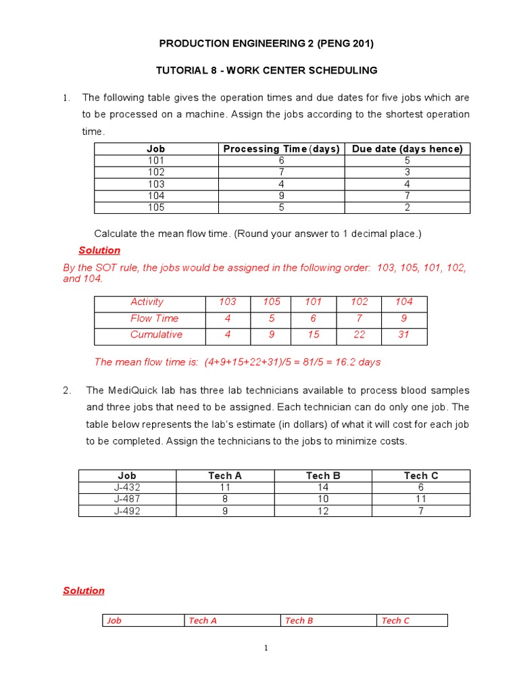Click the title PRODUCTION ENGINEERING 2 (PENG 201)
[x=266, y=44]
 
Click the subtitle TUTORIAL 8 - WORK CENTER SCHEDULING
[x=266, y=70]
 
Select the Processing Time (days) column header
[x=281, y=149]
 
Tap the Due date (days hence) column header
[x=407, y=149]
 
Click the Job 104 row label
[x=156, y=196]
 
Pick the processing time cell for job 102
[x=281, y=172]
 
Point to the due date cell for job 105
[x=407, y=207]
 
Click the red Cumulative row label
[x=156, y=335]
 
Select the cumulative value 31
[x=404, y=335]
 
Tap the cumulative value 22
[x=360, y=335]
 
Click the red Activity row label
[x=147, y=302]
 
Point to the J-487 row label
[x=127, y=499]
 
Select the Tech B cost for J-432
[x=323, y=487]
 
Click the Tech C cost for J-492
[x=421, y=511]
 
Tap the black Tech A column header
[x=225, y=476]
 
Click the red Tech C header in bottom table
[x=395, y=620]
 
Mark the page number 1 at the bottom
[x=266, y=648]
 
